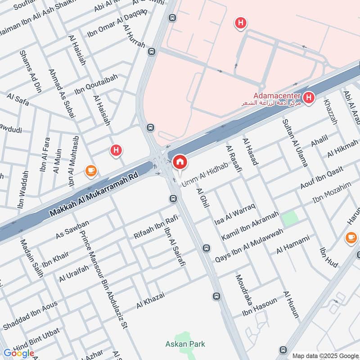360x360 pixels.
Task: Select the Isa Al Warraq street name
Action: click(235, 214)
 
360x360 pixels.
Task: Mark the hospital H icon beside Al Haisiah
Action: click(117, 151)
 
